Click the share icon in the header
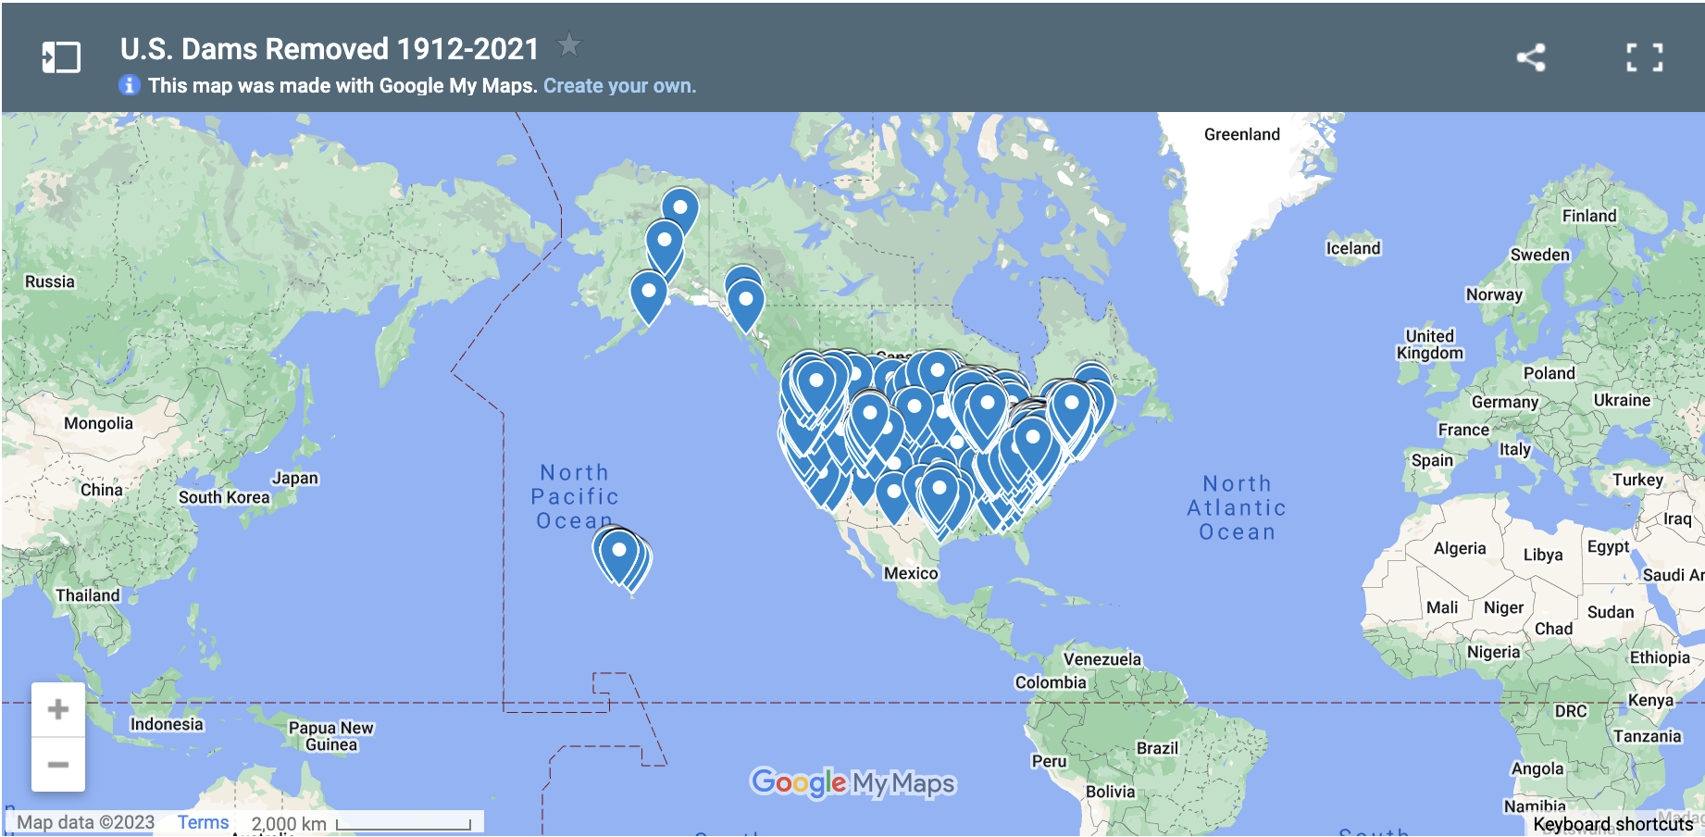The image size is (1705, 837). point(1531,57)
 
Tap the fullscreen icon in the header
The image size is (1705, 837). point(1645,57)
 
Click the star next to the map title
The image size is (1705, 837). point(568,44)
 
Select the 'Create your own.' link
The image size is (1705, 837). point(619,86)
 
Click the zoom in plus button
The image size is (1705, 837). point(58,710)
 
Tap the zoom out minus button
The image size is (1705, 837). point(58,765)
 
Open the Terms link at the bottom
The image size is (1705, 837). point(203,822)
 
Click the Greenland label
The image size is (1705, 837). point(1241,134)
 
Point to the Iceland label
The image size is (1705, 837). point(1352,248)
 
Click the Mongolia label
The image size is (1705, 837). point(98,423)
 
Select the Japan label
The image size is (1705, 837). point(294,478)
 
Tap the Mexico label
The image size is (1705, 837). point(910,573)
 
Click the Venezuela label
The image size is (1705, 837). point(1101,659)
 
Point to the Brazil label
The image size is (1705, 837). point(1157,748)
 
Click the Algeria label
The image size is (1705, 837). point(1459,548)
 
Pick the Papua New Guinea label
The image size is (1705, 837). point(330,736)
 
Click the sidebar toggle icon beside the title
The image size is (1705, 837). point(61,57)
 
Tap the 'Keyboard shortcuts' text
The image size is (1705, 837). point(1612,824)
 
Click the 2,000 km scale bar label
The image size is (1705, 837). point(289,823)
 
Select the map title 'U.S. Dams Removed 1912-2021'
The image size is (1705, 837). point(330,49)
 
